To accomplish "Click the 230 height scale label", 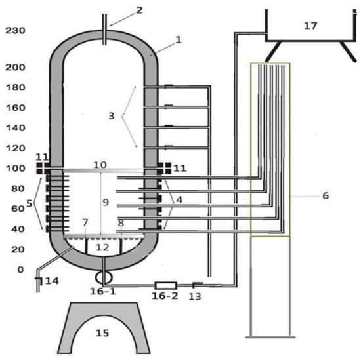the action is pos(15,31).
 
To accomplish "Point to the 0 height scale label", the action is pos(20,270).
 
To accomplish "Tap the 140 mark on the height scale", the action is pos(15,128).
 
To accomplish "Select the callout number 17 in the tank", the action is pos(310,26).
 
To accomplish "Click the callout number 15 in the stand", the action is pos(102,333).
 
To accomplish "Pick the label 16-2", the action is pos(165,296).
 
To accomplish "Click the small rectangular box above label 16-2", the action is pos(166,285).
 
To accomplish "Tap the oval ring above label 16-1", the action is pos(104,277).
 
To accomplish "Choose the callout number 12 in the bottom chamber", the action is pos(102,247).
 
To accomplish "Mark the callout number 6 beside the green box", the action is pos(326,196).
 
